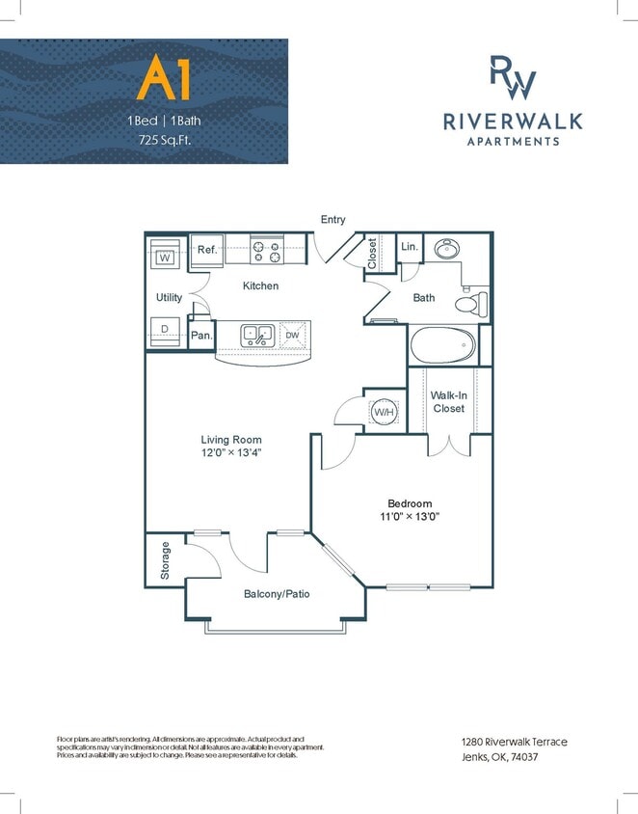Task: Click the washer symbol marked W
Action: (165, 258)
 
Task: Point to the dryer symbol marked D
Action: (165, 329)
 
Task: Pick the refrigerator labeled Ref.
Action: (207, 250)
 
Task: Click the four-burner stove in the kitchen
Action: (266, 251)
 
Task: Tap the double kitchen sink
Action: (257, 336)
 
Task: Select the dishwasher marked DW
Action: (292, 336)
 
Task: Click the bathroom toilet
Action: (469, 303)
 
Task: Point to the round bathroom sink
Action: (446, 251)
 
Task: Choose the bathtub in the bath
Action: (440, 344)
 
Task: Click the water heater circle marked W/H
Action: (385, 413)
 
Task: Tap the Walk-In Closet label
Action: (448, 402)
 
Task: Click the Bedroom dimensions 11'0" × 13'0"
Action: (409, 517)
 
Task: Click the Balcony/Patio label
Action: (276, 594)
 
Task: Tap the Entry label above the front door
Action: (332, 220)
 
